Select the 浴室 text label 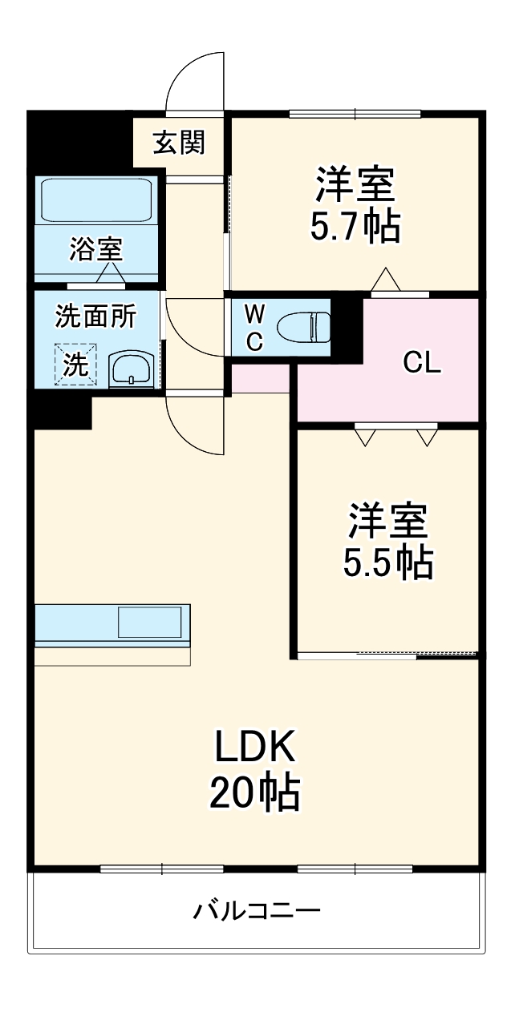coord(96,249)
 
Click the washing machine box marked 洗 coord(75,365)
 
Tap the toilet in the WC coord(303,327)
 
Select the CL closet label coord(422,363)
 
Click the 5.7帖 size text coord(355,228)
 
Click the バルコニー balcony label coord(257,911)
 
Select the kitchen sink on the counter coord(150,623)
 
